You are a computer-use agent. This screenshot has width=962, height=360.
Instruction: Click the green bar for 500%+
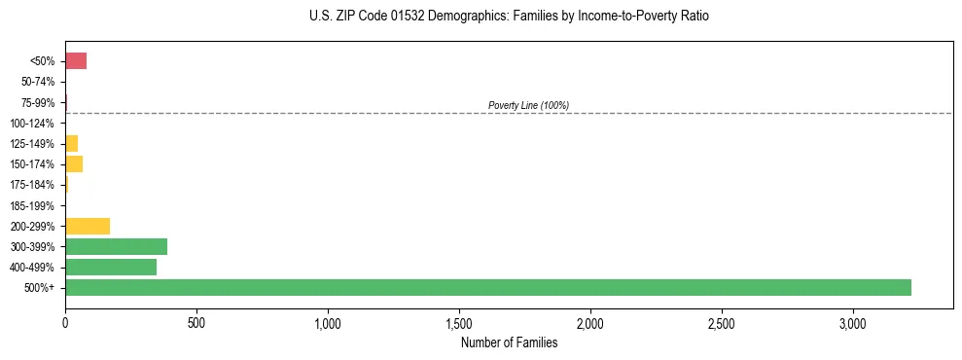point(488,287)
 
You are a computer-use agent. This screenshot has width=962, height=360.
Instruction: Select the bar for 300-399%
point(116,246)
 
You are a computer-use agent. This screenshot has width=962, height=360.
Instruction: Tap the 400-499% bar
point(111,267)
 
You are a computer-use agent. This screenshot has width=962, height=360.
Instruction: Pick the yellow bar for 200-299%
point(88,226)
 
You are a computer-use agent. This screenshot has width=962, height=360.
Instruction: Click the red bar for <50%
point(76,61)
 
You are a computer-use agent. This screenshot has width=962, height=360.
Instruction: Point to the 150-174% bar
point(74,163)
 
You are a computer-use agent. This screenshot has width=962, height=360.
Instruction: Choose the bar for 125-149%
point(71,143)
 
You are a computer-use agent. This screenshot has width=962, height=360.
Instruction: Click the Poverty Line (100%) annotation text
point(528,105)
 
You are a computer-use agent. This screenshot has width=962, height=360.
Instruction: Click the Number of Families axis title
point(509,342)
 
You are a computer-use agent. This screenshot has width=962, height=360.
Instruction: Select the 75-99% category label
point(39,102)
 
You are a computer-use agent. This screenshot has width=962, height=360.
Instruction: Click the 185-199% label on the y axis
point(34,205)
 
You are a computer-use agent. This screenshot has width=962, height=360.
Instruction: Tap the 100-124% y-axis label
point(34,123)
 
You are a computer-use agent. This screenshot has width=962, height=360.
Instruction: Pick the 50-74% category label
point(39,82)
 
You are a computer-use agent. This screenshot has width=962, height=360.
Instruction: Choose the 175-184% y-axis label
point(34,185)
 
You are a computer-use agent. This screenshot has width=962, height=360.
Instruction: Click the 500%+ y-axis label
point(41,288)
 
